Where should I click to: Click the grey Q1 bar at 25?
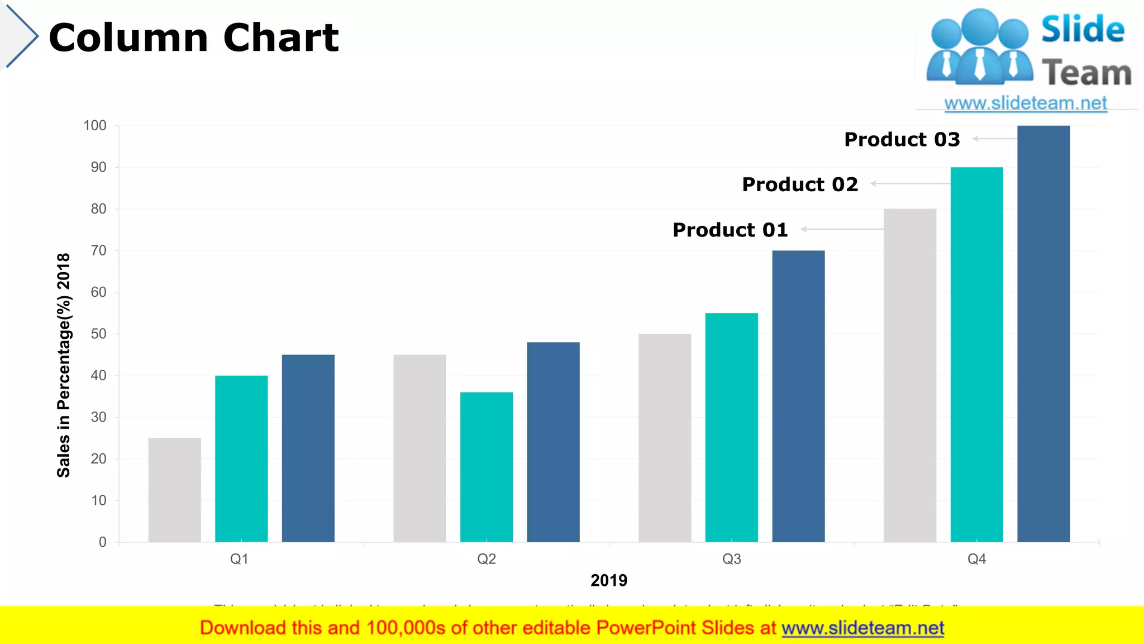(174, 490)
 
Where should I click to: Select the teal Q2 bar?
(486, 467)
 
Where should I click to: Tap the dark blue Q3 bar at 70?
(798, 396)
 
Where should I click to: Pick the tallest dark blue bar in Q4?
(1043, 333)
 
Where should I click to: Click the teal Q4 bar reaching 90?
(976, 354)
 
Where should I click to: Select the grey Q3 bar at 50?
(665, 438)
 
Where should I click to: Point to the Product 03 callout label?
(902, 139)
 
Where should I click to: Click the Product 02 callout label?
(799, 184)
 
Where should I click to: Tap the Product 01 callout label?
(730, 230)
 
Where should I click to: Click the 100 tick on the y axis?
(95, 126)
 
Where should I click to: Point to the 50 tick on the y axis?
(98, 334)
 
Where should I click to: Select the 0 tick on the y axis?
(102, 542)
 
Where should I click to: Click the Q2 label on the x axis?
(486, 559)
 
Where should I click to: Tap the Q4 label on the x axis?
(976, 559)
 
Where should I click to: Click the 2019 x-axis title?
(609, 580)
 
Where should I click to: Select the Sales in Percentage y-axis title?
(64, 365)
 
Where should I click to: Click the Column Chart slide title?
(193, 38)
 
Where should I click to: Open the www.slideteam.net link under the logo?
(1026, 103)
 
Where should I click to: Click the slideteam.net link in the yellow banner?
(862, 628)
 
